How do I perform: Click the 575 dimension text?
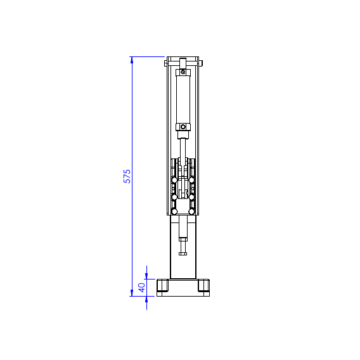click(x=127, y=176)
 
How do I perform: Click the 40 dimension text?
click(x=142, y=286)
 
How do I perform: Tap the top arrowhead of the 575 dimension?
click(x=132, y=60)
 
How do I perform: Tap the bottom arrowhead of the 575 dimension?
click(x=132, y=292)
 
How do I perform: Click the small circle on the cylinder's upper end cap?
click(x=184, y=73)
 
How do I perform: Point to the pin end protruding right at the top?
click(x=202, y=63)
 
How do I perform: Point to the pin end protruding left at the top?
click(x=166, y=63)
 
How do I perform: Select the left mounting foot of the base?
click(x=163, y=286)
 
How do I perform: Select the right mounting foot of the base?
click(x=203, y=286)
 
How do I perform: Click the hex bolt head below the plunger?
click(x=183, y=253)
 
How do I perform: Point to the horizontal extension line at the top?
click(x=148, y=57)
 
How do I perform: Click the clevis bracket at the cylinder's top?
click(x=184, y=64)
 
